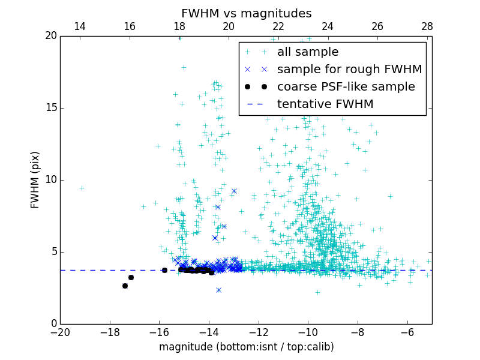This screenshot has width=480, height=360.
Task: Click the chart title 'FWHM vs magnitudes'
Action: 246,13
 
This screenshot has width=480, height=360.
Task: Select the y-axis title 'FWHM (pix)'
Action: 35,179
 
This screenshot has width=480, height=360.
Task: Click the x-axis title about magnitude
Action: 246,347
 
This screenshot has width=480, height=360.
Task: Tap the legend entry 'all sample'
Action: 308,52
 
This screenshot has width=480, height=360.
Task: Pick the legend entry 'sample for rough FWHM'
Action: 349,70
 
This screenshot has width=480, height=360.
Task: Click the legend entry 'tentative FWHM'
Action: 325,104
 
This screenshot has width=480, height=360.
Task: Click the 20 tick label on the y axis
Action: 50,36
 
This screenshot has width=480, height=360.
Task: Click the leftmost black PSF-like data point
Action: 125,286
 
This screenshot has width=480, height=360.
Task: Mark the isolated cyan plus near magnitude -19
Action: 82,188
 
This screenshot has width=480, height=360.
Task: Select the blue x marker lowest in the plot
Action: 218,290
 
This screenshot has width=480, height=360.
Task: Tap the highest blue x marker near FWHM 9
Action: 234,191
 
